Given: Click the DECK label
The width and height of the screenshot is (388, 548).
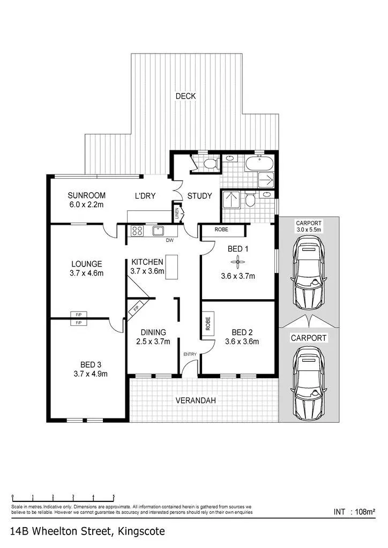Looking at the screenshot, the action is pos(185,96).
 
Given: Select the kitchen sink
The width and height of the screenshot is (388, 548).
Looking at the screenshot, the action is pos(158,231).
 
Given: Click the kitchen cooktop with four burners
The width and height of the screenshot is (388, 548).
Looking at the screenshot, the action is pos(137,231).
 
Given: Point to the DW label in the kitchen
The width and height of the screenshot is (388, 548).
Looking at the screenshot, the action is pos(170,240).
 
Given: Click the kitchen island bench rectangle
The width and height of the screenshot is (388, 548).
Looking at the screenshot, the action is pos(171,268).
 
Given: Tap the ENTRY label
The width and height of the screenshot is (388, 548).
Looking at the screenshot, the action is pos(190,354).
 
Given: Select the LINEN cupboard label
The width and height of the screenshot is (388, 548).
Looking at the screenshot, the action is pos(177,213).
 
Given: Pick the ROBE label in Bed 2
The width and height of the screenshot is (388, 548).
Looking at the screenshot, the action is pos(208,324).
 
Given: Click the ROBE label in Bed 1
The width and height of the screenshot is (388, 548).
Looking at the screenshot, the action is pos(221,229).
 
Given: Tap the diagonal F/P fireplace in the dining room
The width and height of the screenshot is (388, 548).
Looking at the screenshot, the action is pos(135,309).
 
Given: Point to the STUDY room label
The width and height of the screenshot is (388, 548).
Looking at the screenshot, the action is pos(199,196).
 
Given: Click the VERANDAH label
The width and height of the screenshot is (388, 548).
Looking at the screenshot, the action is pos(196,400).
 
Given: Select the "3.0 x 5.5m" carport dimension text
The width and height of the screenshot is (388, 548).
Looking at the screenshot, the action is pos(309,230).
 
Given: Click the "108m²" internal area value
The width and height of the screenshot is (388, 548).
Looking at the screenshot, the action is pos(365,512).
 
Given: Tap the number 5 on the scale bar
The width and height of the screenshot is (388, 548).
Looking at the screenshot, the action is pos(114,496).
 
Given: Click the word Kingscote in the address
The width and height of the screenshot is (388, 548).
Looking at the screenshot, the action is pos(141,531).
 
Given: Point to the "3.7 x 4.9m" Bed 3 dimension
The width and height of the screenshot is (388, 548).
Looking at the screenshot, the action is pos(91,374).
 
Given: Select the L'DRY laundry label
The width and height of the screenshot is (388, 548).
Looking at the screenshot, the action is pos(145,196).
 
